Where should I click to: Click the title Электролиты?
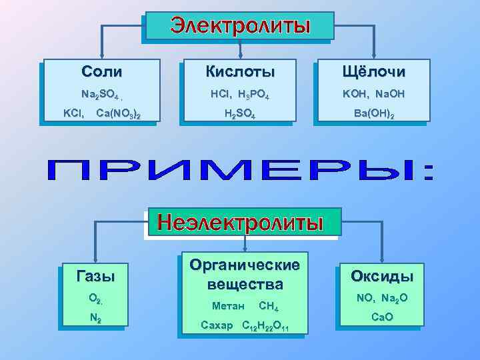(x=240, y=26)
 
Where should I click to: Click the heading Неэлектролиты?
(x=249, y=221)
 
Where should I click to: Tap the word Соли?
(x=101, y=71)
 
